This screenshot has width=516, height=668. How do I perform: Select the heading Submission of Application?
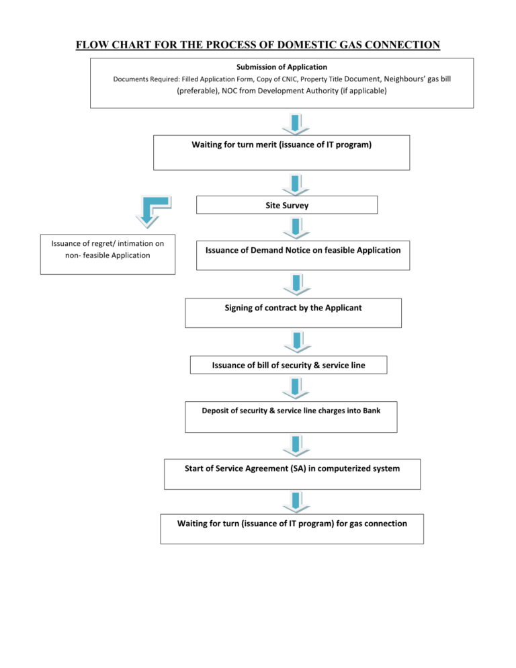click(282, 67)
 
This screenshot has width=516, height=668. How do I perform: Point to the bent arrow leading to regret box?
click(153, 211)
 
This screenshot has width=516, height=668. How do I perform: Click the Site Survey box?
click(287, 205)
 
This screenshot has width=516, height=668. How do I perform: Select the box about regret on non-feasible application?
click(107, 254)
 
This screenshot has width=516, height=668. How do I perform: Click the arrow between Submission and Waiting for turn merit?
click(295, 124)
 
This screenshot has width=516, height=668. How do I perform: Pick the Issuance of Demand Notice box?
click(303, 255)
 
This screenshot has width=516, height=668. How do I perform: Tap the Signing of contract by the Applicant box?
click(293, 312)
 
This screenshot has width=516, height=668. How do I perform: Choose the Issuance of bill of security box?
click(288, 365)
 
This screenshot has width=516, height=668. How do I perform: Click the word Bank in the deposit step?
click(372, 411)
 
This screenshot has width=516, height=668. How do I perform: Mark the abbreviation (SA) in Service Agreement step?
click(298, 468)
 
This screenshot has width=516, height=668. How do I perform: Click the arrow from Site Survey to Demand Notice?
click(296, 228)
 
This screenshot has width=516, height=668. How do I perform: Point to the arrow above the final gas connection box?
click(296, 502)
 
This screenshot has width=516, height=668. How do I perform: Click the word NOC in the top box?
click(229, 91)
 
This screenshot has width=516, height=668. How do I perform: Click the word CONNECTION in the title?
click(402, 45)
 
